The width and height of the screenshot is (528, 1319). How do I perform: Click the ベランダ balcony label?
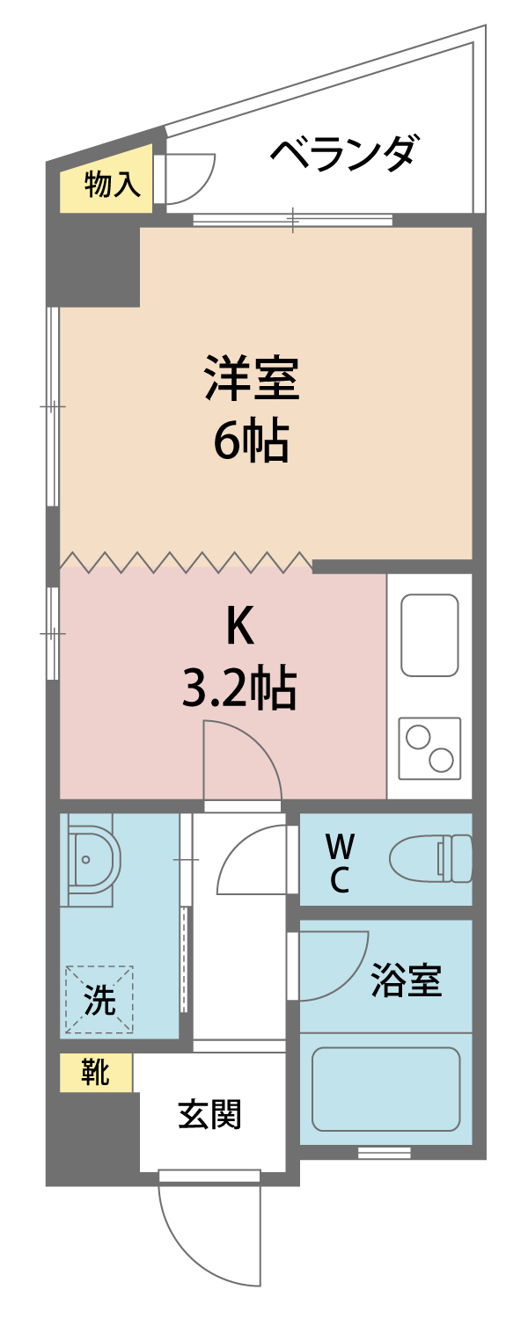coord(343,155)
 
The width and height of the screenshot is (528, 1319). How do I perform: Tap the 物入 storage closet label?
coord(113,186)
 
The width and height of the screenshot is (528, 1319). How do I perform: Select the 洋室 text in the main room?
coord(252,378)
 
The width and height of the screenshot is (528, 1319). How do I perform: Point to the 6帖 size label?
coord(252,441)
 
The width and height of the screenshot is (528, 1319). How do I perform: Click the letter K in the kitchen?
coord(239,627)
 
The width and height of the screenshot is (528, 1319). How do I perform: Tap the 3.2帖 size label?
coord(238,688)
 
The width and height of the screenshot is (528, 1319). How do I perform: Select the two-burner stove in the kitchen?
coord(429,748)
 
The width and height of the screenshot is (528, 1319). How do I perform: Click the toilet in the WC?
coord(431,858)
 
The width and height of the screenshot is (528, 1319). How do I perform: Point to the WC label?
coord(341,863)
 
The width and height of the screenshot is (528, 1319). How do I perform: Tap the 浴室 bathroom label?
coord(406,980)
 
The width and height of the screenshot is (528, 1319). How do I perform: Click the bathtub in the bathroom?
coord(386,1089)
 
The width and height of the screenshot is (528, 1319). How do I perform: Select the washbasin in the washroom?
coord(90,859)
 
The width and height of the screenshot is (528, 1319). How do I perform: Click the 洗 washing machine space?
coord(99,1000)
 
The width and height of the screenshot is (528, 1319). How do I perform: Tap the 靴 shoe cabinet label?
coord(95,1073)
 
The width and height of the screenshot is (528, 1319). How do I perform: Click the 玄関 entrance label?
coord(210,1115)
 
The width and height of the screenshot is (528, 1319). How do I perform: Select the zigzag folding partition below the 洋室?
coord(185,560)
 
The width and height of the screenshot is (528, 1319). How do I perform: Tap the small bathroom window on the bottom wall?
coord(385,1153)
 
